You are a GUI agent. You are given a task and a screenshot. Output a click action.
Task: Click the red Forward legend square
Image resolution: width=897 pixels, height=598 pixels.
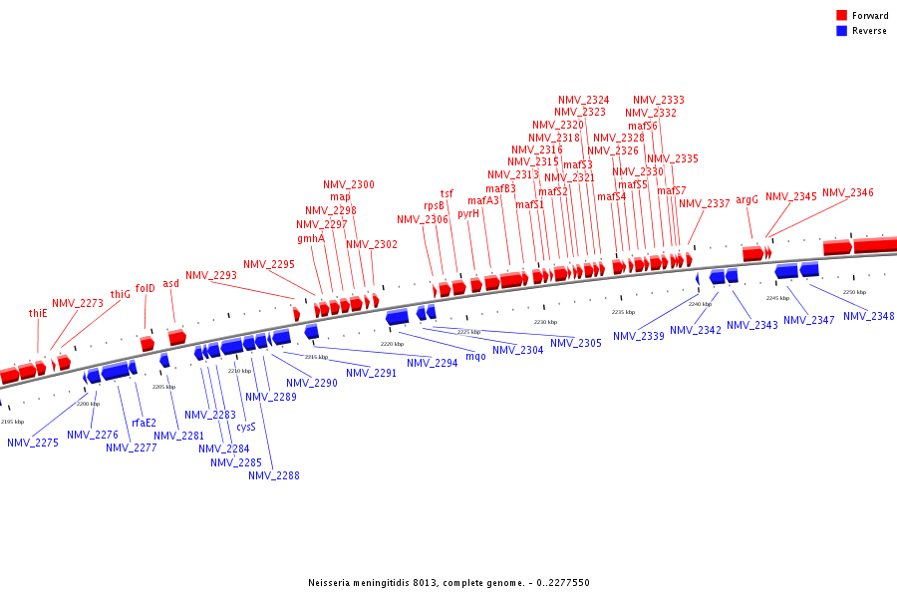(x=842, y=15)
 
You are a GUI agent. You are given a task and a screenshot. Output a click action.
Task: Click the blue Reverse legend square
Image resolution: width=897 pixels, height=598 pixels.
(x=842, y=31)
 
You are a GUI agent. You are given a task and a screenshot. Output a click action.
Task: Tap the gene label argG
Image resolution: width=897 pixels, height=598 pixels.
(x=747, y=199)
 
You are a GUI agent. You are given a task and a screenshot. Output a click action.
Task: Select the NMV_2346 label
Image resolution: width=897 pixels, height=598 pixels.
(x=847, y=192)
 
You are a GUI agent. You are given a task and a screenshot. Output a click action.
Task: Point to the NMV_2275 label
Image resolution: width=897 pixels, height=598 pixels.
(x=33, y=443)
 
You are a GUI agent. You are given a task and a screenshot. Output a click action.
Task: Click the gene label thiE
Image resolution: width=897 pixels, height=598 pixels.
(x=38, y=313)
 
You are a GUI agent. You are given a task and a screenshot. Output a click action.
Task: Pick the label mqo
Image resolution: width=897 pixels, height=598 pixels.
(x=475, y=356)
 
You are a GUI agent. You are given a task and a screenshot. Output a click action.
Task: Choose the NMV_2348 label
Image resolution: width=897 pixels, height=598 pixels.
(x=869, y=316)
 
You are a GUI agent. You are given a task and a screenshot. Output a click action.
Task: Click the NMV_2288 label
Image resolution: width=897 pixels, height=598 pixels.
(x=274, y=475)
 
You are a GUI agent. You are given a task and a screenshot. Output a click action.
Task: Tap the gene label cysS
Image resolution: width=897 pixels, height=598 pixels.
(x=246, y=427)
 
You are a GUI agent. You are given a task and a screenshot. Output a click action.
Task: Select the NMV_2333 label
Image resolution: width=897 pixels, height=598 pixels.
(x=659, y=100)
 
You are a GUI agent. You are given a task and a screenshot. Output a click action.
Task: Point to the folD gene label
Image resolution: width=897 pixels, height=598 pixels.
(x=146, y=288)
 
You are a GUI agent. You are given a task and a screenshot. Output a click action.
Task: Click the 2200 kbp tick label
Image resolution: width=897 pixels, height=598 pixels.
(x=88, y=404)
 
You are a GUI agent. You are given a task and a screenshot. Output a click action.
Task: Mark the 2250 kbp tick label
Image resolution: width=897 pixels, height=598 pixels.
(x=854, y=292)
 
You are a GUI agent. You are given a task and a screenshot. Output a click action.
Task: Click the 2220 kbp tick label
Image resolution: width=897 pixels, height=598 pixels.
(x=392, y=344)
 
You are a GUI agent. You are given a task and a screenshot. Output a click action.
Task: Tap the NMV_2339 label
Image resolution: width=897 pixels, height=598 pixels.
(x=639, y=336)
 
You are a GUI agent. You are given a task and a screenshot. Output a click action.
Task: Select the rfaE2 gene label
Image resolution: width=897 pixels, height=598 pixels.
(x=145, y=423)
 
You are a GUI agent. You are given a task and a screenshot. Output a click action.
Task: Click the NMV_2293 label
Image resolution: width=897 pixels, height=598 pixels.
(x=211, y=275)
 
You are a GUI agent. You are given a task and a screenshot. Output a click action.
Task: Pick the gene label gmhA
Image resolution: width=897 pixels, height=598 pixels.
(x=311, y=238)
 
